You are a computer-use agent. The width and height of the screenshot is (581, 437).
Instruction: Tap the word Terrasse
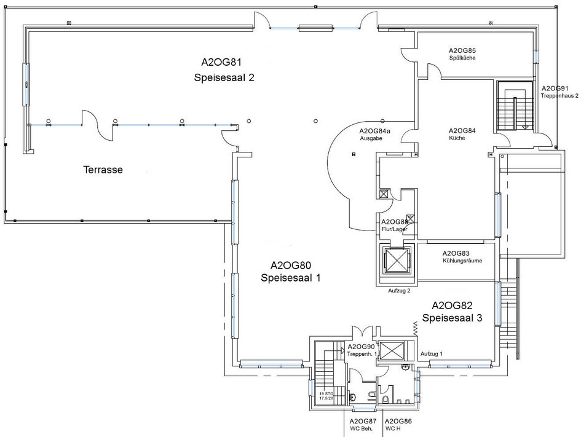point(103,170)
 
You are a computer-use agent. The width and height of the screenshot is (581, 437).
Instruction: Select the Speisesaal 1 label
point(291,278)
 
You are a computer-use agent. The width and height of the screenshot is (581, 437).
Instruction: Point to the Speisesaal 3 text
point(452,318)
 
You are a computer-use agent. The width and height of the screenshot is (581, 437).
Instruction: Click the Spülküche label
point(462,58)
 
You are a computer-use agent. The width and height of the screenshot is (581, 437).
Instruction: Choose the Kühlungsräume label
point(462,261)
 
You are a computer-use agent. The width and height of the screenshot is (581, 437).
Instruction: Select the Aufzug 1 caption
point(432,354)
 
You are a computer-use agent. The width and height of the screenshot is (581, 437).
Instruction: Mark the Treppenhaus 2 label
point(559,95)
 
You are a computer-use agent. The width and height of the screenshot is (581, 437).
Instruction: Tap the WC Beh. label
point(362,428)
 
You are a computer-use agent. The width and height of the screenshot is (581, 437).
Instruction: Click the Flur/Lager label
point(394,229)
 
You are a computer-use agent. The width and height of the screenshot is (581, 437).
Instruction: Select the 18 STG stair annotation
point(326,394)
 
